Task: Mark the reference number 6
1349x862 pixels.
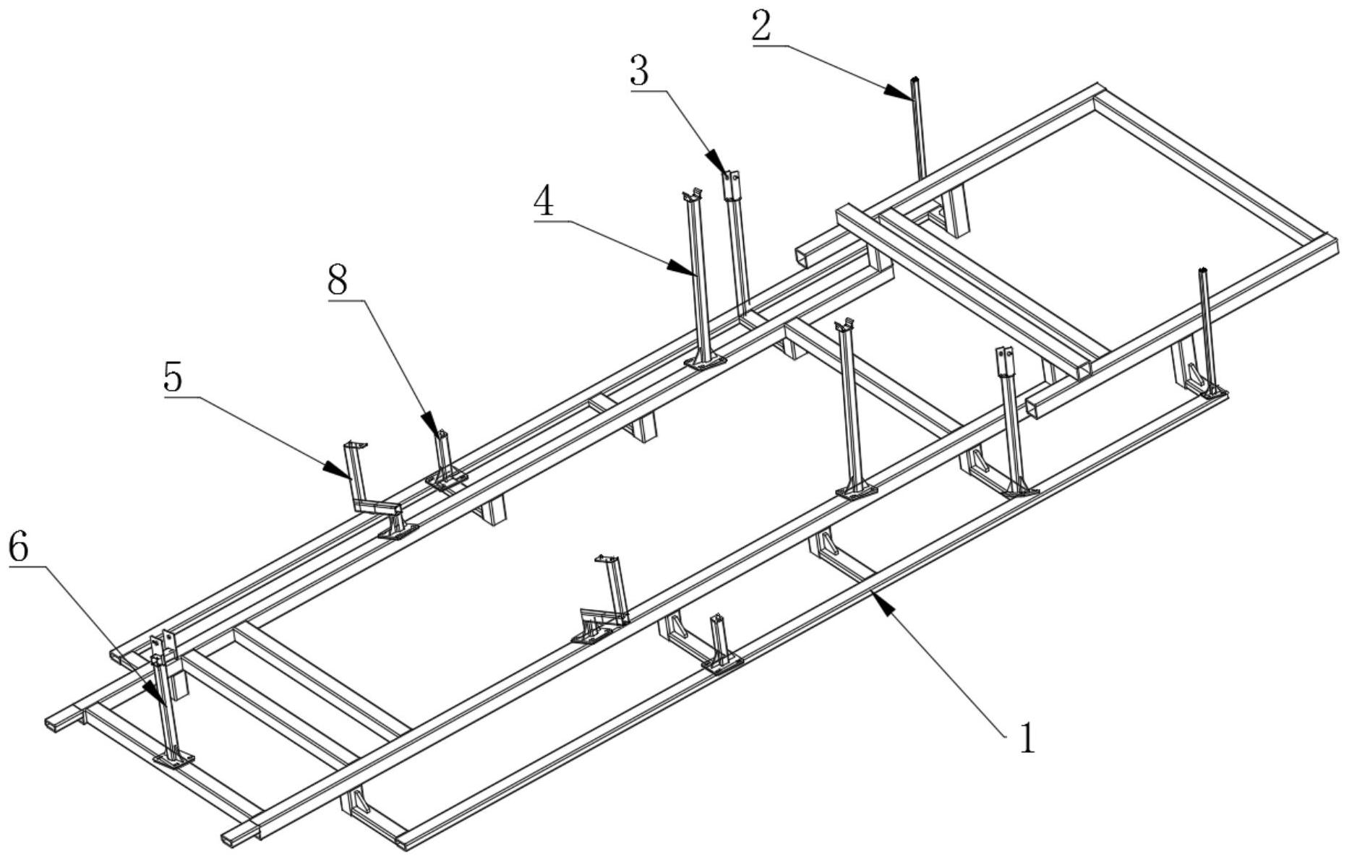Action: [18, 548]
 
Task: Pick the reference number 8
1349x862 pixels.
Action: [338, 280]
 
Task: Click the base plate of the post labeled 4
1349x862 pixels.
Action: [706, 361]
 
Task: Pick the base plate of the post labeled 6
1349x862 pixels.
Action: [174, 759]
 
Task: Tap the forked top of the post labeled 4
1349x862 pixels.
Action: [692, 195]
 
